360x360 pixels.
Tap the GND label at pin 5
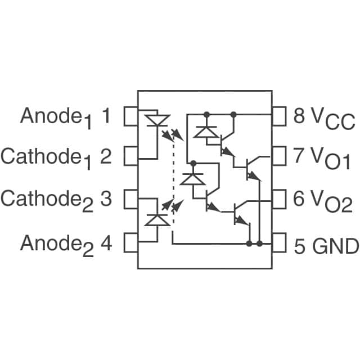(335, 245)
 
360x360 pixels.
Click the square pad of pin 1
(130, 116)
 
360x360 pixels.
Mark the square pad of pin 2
(130, 156)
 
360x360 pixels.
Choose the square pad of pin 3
(130, 199)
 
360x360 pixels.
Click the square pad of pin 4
(130, 242)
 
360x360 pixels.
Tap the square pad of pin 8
(280, 116)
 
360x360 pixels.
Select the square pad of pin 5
(280, 245)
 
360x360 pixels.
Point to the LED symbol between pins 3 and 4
(157, 219)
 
